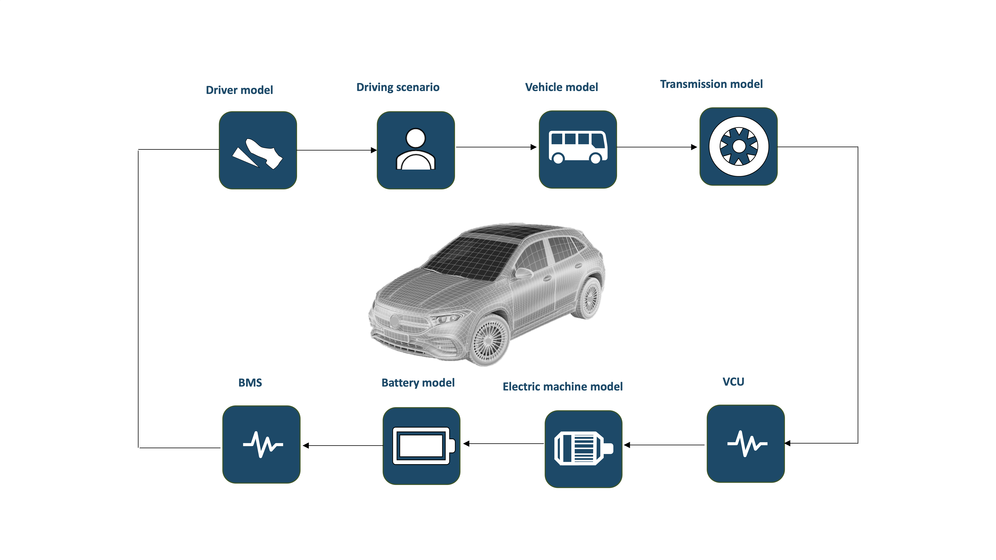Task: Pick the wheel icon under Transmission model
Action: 738,146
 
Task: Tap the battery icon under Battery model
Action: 421,446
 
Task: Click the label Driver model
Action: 239,90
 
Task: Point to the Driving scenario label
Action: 398,87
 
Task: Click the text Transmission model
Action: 711,84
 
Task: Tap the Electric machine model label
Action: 563,387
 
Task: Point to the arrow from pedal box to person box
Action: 336,150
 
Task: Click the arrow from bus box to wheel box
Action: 657,147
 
